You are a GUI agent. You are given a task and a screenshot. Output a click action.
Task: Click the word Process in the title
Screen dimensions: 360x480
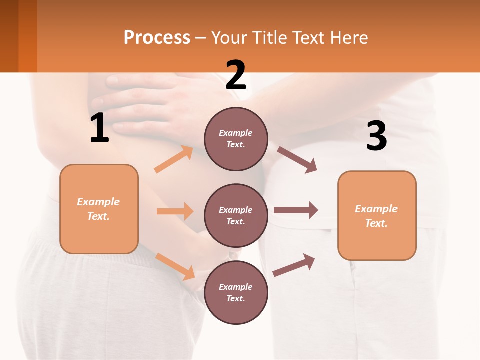point(157,38)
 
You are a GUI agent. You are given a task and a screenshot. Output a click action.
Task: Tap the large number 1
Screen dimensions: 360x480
point(99,128)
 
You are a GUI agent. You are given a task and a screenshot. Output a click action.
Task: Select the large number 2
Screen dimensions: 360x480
point(236,75)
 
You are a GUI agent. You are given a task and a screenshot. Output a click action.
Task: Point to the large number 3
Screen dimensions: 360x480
point(376,136)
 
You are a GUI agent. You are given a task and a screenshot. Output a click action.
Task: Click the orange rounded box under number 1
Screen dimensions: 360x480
point(99,209)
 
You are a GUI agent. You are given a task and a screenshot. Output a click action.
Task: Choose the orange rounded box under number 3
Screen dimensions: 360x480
point(377,215)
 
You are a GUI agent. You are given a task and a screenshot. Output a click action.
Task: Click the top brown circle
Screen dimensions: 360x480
point(236,139)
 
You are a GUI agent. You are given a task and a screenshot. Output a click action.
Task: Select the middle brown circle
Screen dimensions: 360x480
point(236,215)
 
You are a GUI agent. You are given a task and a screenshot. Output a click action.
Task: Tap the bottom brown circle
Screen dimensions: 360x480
point(236,292)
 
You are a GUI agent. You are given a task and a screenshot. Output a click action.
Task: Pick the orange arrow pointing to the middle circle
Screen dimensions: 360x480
point(175,211)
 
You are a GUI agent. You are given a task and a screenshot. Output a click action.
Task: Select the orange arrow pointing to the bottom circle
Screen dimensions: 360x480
point(175,266)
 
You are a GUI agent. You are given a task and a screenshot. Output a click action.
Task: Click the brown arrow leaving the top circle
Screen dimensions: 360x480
point(297,159)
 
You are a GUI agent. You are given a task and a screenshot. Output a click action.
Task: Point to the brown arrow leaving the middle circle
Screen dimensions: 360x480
point(295,210)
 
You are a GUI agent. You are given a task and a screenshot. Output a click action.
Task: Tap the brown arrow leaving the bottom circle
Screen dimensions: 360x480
point(294,265)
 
